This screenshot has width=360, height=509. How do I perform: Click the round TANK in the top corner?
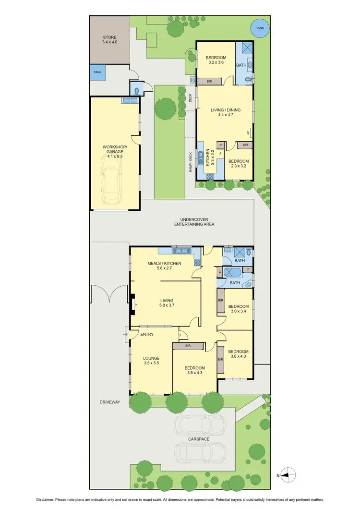pos(260,28)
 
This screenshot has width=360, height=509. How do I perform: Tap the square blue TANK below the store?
pos(97,73)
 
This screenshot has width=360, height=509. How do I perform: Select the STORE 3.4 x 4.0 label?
pos(109,40)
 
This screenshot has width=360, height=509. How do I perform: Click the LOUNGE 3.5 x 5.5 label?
pos(151,361)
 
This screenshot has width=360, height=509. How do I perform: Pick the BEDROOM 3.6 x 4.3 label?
pos(195,371)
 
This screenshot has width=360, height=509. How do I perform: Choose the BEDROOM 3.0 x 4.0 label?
pos(239,353)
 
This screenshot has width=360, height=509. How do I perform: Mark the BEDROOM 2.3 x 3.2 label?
pos(238,164)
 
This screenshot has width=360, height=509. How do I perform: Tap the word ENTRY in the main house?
pos(147,334)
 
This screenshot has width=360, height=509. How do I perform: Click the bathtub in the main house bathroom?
pos(233,274)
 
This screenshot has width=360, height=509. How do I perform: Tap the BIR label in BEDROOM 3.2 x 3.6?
pos(209,82)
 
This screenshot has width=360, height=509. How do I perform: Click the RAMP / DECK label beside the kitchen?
pos(191,162)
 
